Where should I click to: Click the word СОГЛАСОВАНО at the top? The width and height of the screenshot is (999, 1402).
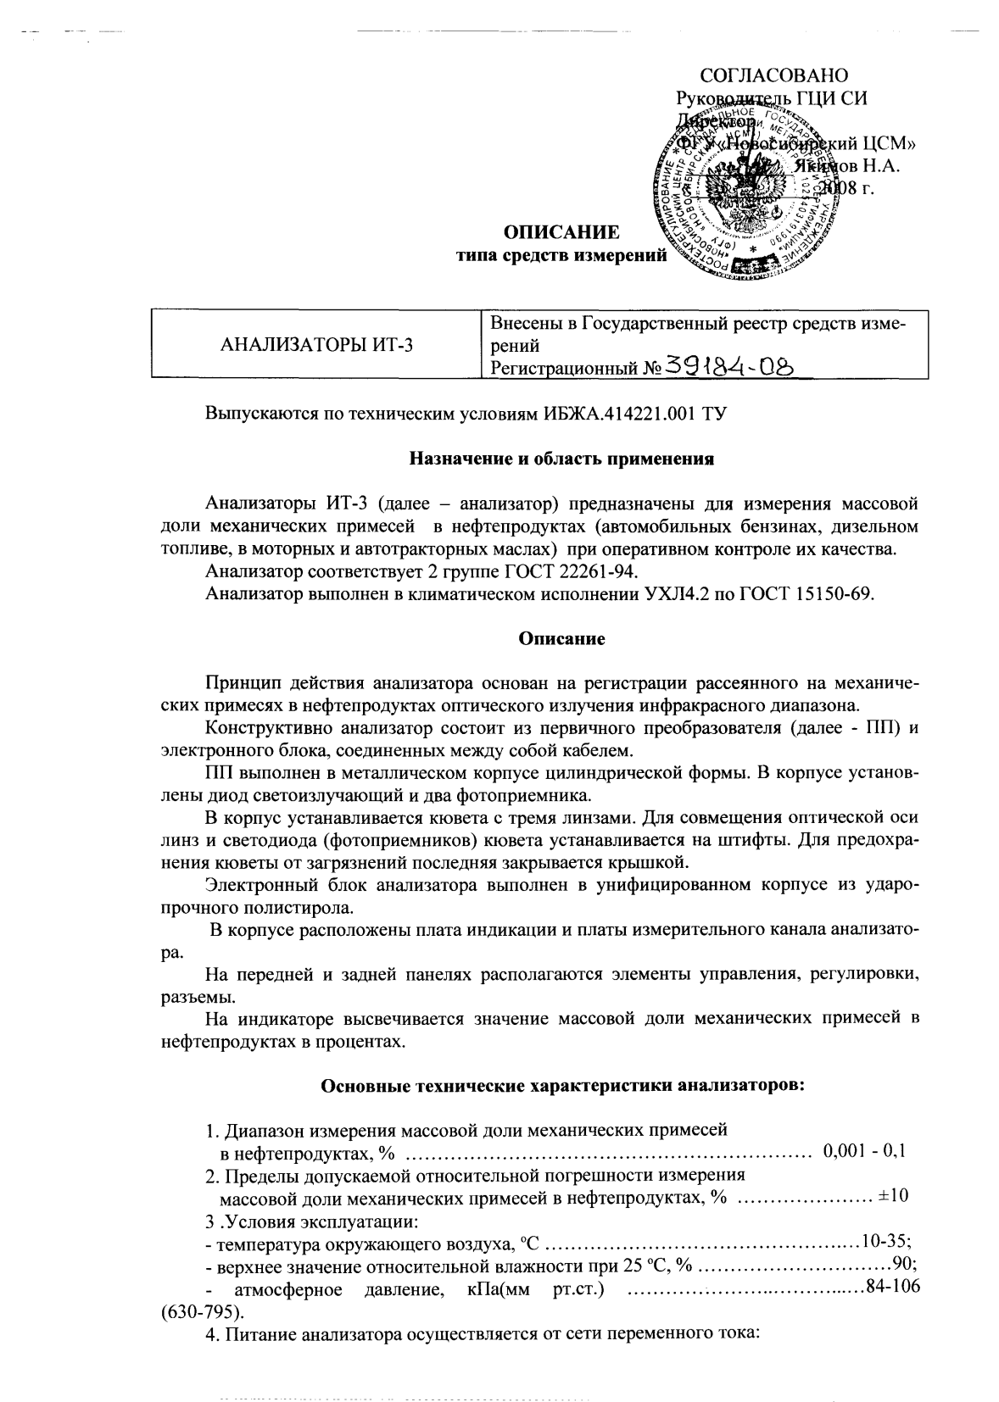774,75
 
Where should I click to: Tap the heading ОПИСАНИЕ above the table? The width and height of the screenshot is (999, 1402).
561,232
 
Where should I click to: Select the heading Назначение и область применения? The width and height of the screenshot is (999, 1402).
561,459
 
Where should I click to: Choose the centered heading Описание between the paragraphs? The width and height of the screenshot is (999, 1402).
561,638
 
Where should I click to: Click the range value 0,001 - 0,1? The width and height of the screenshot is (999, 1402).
864,1151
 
